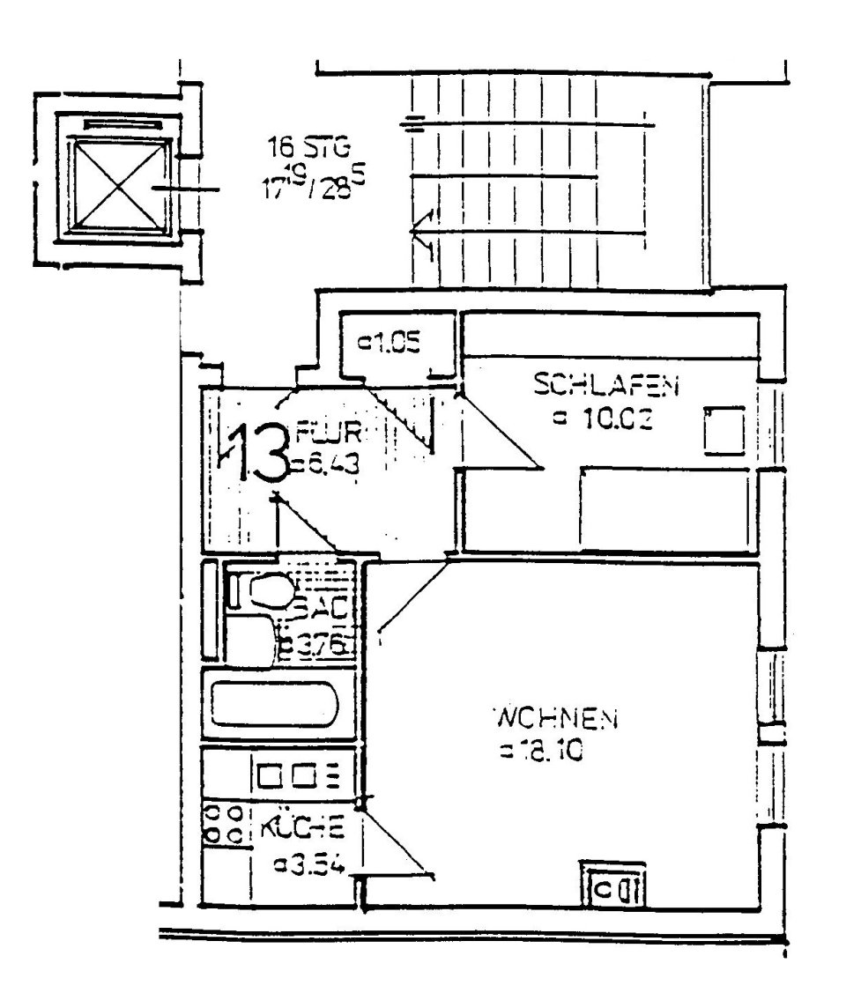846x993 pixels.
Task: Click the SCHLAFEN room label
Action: pos(607,384)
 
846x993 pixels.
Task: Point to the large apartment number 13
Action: pos(256,452)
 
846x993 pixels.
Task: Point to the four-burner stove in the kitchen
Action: pos(223,821)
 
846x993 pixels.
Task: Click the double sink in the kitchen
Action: pos(297,776)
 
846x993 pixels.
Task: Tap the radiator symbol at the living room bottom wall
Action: pos(614,886)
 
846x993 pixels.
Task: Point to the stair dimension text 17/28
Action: pos(305,187)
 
